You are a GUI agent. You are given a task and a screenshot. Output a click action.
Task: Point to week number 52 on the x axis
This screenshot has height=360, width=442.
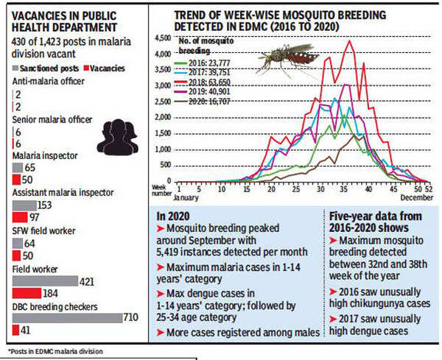point(429,188)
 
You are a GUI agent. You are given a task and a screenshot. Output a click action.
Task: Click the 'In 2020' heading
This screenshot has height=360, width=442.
point(174,216)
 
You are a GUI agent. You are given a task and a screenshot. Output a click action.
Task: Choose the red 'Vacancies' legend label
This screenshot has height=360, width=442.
point(108,67)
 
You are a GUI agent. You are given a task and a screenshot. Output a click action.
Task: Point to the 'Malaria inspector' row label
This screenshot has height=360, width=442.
point(43,155)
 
